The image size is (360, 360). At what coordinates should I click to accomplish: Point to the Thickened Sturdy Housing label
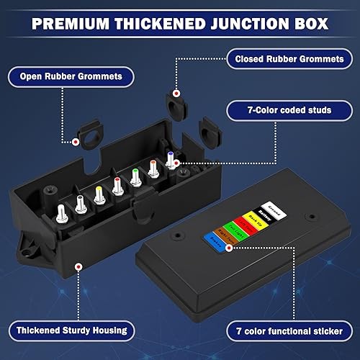[71, 330]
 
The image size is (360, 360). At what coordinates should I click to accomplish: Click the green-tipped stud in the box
[135, 177]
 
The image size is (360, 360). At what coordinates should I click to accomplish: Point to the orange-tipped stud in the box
[153, 168]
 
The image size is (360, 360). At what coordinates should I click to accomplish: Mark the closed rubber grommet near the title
[174, 99]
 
